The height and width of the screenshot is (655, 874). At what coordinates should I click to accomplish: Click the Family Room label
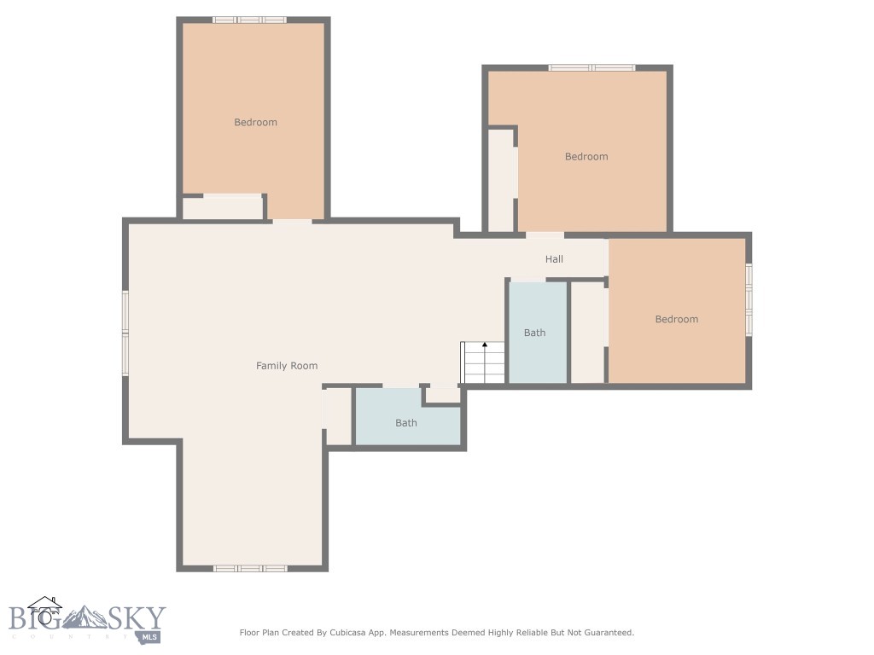[x=287, y=366]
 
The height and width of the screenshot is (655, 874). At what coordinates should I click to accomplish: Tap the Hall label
[x=554, y=259]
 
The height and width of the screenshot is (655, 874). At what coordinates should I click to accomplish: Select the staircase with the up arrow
[x=484, y=363]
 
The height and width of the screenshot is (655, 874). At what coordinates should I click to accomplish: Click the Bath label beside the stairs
[x=534, y=333]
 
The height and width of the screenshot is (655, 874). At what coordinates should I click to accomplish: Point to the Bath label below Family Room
[x=406, y=423]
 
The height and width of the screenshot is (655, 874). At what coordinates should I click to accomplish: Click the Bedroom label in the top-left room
[x=255, y=122]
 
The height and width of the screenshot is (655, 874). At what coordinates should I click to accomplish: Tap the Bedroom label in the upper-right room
[x=586, y=157]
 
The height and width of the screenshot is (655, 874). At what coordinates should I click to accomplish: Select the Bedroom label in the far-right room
[x=676, y=319]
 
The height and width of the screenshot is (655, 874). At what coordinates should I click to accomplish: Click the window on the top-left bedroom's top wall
[x=249, y=20]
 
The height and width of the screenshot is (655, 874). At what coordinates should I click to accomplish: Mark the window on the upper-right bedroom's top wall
[x=591, y=67]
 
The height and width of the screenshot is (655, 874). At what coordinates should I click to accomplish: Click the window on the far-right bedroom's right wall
[x=749, y=299]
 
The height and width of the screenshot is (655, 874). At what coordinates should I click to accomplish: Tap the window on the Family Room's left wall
[x=125, y=333]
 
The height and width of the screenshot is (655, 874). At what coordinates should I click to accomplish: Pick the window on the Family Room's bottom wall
[x=249, y=568]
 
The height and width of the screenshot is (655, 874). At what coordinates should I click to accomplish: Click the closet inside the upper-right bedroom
[x=501, y=180]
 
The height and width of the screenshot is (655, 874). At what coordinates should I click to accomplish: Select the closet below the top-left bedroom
[x=222, y=208]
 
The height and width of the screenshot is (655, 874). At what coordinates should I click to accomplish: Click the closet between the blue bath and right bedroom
[x=587, y=333]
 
